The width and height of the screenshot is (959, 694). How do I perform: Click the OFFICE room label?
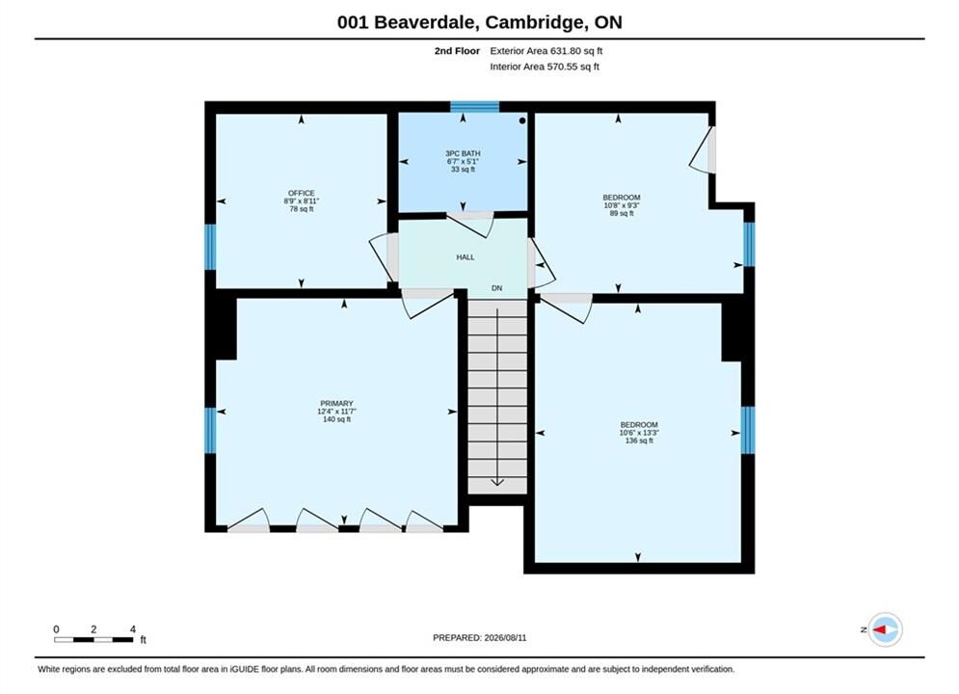(302, 193)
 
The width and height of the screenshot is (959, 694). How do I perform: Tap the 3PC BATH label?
(463, 153)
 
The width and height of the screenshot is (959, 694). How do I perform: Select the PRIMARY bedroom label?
(337, 404)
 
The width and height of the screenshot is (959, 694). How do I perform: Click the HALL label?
(466, 257)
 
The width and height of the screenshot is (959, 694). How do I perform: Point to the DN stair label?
(496, 288)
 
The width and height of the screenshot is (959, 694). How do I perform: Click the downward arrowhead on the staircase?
(497, 482)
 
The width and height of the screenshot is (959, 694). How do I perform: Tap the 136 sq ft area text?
(639, 440)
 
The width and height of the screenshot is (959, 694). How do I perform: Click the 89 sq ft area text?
(622, 213)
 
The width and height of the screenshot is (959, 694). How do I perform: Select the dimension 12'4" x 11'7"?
(337, 412)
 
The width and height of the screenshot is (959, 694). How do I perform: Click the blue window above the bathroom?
(474, 107)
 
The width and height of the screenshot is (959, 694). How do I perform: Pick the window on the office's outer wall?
(210, 247)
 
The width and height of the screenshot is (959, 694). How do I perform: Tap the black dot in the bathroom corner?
(522, 120)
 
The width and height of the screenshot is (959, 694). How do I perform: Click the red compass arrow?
(880, 629)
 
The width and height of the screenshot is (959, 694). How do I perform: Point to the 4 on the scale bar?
(133, 629)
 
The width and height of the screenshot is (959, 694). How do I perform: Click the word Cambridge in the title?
(534, 22)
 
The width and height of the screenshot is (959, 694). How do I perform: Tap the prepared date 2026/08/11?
(505, 638)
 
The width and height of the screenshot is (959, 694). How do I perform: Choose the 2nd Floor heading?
(457, 51)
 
